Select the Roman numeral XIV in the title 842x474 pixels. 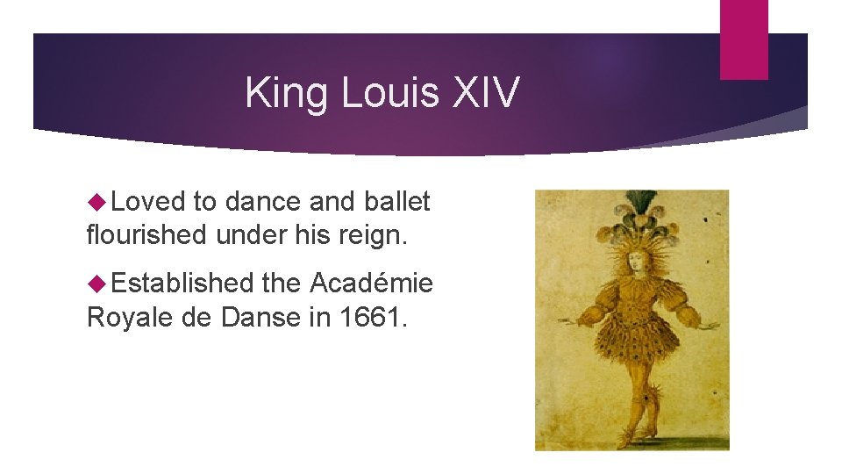coord(485,92)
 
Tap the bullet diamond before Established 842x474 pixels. coord(97,284)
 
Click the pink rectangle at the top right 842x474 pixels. coord(744,39)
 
